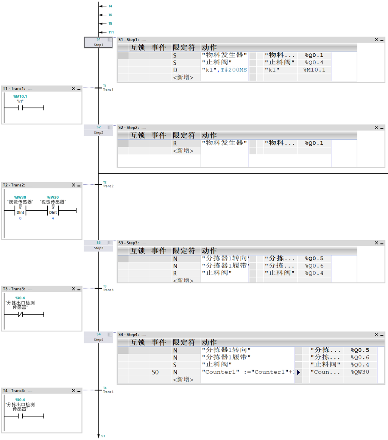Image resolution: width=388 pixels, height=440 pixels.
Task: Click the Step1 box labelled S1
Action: click(98, 42)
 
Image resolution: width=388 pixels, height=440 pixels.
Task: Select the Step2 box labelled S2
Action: click(98, 130)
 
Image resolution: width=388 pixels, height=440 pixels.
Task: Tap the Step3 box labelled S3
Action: click(98, 246)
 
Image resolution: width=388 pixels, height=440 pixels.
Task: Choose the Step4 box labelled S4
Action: click(98, 337)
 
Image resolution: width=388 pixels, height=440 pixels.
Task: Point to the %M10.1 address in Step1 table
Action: click(314, 70)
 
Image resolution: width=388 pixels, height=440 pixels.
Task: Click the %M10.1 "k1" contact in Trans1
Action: click(20, 108)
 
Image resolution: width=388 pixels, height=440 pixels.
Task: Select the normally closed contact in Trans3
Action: click(20, 314)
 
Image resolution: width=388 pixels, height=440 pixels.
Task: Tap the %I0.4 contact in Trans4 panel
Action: click(20, 416)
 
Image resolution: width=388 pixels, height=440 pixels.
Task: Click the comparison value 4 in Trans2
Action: click(53, 219)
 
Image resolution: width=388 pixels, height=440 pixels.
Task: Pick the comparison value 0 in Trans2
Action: click(20, 219)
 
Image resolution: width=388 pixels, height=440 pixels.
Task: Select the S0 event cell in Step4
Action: click(155, 372)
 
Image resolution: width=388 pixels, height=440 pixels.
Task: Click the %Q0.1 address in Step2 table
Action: click(314, 143)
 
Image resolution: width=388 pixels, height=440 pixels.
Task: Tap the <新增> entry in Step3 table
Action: click(183, 280)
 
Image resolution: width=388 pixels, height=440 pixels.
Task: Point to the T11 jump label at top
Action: click(111, 33)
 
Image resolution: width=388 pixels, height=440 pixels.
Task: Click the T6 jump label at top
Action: click(110, 15)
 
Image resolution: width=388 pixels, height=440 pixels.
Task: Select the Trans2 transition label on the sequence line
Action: click(108, 186)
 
